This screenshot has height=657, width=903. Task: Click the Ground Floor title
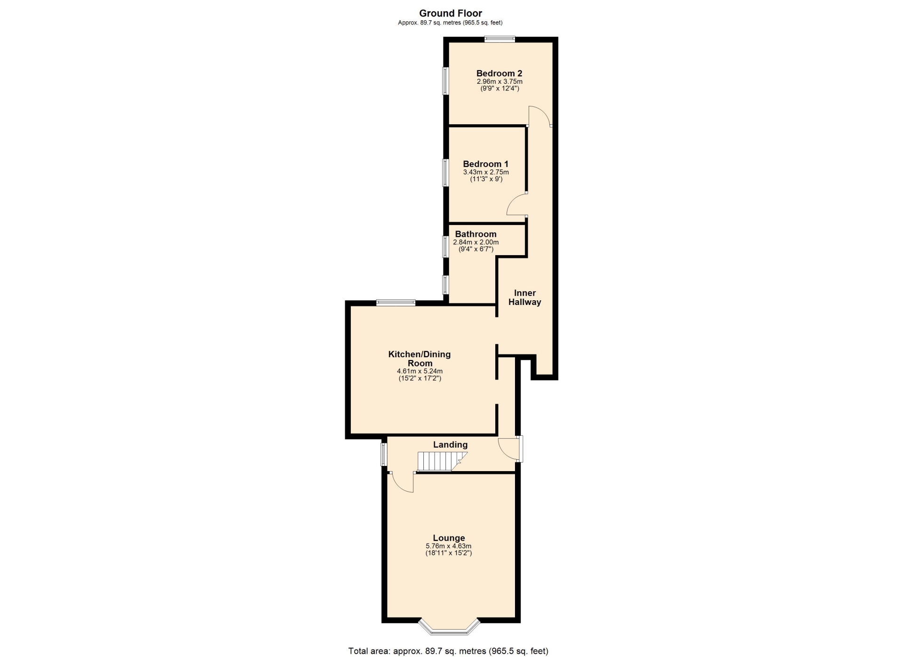click(x=451, y=13)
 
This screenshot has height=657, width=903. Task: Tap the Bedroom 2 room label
click(x=499, y=73)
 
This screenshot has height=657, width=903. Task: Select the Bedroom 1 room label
click(x=485, y=164)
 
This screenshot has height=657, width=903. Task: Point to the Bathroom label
click(x=475, y=234)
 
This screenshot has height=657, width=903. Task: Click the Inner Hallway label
click(x=524, y=297)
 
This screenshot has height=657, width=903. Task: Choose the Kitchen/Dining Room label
click(x=420, y=359)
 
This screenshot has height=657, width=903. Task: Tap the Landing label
click(x=450, y=445)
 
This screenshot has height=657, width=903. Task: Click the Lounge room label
click(x=449, y=538)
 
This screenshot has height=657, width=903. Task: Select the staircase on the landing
click(x=443, y=461)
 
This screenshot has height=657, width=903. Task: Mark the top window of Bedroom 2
click(x=500, y=40)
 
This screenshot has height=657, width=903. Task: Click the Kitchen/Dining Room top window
click(x=396, y=303)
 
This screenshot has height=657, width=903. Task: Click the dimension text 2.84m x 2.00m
click(x=475, y=242)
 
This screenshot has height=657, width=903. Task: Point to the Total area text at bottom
click(x=448, y=651)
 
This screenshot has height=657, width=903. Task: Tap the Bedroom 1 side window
click(x=445, y=173)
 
